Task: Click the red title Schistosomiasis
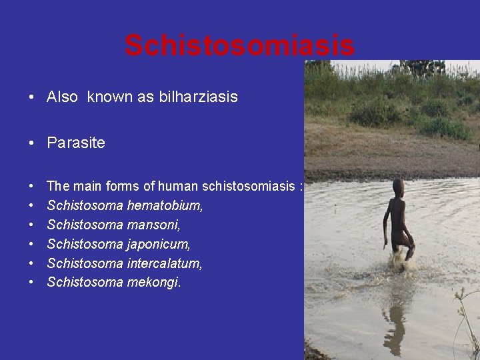(239, 46)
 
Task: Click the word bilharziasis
(198, 97)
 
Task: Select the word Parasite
(76, 143)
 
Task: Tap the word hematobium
(165, 206)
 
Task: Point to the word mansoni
(153, 225)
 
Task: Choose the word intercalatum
(165, 263)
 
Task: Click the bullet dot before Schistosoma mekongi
(31, 283)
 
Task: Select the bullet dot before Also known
(31, 98)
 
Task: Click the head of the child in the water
(398, 186)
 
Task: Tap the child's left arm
(387, 223)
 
